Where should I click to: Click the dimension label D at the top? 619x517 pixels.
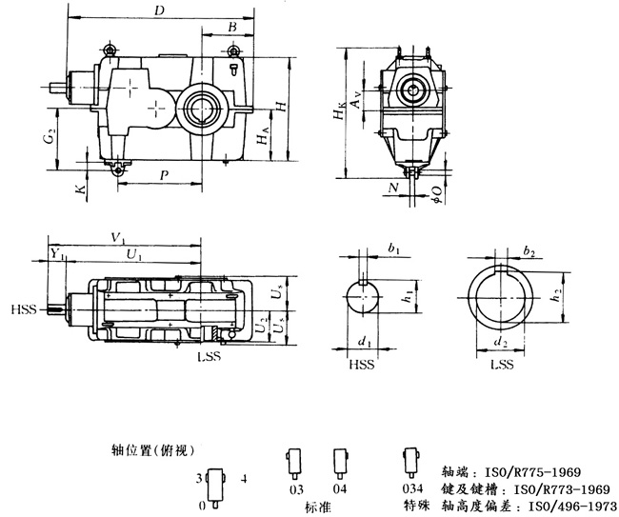158,10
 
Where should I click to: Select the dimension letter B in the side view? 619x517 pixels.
232,29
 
